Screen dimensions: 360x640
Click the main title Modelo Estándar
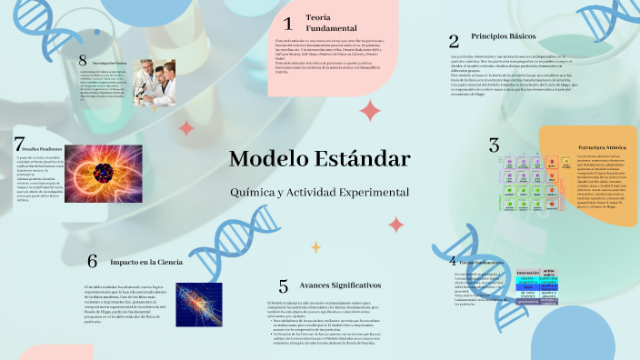click(319, 158)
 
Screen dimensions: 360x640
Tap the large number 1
click(287, 24)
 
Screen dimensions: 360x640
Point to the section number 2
click(453, 40)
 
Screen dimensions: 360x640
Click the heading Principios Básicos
click(501, 36)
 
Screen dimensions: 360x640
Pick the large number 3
click(494, 145)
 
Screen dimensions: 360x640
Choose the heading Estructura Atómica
click(603, 146)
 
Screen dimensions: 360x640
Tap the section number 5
click(284, 286)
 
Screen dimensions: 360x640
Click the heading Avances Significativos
click(333, 285)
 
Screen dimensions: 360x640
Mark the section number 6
click(92, 261)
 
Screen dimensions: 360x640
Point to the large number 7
click(19, 144)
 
